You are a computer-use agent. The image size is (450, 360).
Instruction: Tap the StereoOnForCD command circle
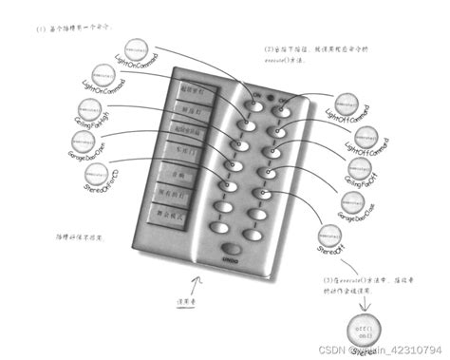pos(96,175)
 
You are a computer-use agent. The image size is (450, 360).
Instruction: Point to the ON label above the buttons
pos(253,95)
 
